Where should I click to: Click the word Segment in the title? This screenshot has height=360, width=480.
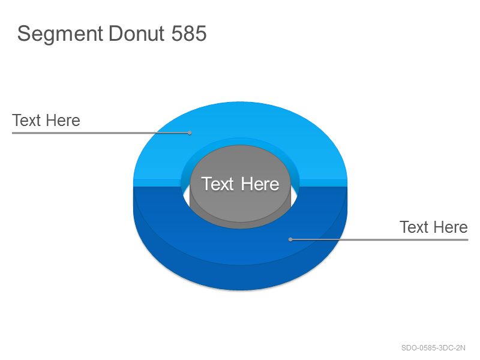click(60, 34)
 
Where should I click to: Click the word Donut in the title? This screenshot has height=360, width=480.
click(137, 33)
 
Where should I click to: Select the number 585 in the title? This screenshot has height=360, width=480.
click(189, 33)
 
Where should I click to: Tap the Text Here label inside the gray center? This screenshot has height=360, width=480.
click(240, 184)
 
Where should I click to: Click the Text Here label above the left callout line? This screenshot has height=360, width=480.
click(46, 121)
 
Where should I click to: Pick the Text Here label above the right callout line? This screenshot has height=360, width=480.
click(434, 227)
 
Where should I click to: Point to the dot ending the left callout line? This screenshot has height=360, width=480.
click(190, 133)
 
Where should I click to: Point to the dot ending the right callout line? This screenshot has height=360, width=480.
click(290, 239)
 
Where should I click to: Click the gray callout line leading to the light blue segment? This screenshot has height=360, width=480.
click(101, 133)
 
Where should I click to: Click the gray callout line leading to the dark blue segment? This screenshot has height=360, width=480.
click(379, 239)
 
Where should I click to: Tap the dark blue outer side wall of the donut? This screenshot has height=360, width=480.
click(240, 277)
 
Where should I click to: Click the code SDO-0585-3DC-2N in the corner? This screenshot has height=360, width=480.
click(433, 348)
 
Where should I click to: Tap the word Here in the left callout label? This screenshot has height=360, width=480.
click(64, 121)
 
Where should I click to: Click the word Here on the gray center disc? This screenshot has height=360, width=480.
click(260, 184)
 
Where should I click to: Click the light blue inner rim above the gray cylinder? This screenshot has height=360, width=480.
click(240, 142)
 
